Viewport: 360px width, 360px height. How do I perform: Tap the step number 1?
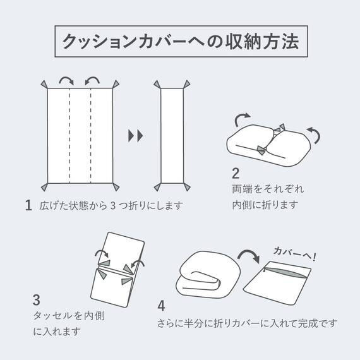(x=28, y=205)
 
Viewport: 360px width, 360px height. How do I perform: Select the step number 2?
(x=236, y=173)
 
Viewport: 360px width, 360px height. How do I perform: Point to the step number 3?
(x=37, y=300)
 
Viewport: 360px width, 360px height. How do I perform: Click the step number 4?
(x=162, y=306)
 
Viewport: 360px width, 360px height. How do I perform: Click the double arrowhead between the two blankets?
(x=135, y=135)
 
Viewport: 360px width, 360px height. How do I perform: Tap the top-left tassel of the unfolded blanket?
(x=43, y=84)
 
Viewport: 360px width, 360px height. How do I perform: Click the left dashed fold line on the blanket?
(x=68, y=135)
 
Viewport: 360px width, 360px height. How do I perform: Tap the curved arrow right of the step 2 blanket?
(x=315, y=133)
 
